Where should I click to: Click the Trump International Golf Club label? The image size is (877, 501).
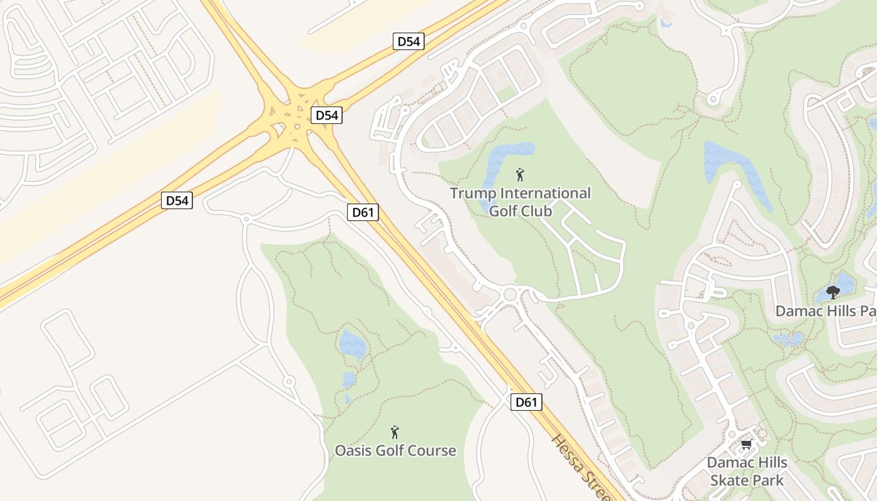click(520, 202)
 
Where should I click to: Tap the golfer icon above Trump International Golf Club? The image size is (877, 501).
click(519, 175)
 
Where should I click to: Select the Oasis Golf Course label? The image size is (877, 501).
click(395, 450)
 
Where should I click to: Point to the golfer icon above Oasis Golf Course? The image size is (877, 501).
click(395, 432)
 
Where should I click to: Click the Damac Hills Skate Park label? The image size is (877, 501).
click(747, 472)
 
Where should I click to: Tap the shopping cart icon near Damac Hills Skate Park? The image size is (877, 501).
click(745, 445)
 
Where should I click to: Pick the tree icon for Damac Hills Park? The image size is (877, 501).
click(833, 292)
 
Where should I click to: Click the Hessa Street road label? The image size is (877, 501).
click(579, 467)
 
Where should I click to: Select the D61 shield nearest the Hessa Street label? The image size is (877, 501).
click(526, 402)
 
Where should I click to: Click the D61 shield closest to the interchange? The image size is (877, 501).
click(363, 212)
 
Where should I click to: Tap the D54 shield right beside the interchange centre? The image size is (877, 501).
click(326, 115)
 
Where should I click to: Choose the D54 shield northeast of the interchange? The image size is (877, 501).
click(409, 42)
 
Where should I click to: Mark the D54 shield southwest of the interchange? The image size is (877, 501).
click(177, 200)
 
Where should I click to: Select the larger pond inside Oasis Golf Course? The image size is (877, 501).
click(351, 343)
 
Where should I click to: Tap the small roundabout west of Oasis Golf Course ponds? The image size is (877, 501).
click(288, 381)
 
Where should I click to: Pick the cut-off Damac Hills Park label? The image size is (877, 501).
click(826, 311)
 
